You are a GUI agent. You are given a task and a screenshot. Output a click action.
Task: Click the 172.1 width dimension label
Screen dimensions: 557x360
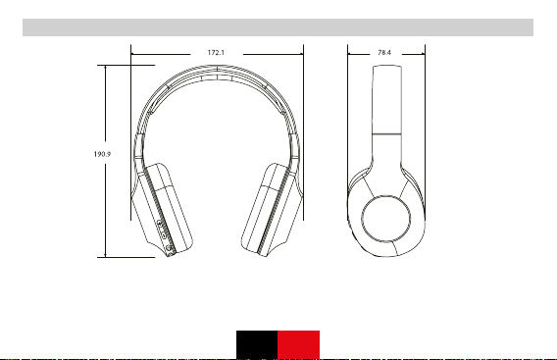[x=216, y=53]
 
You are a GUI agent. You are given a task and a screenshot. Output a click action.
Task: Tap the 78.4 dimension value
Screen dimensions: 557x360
[x=384, y=53]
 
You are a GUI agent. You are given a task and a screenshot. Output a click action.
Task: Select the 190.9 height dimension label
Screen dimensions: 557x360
[x=102, y=154]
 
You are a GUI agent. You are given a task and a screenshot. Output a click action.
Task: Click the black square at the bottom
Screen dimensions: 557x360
[x=257, y=344]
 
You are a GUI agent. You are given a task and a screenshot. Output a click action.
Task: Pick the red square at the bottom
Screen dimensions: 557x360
[x=298, y=344]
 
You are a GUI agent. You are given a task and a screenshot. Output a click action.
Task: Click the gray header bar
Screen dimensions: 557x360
[x=278, y=27]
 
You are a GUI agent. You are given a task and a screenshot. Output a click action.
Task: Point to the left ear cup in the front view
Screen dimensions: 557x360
[x=163, y=210]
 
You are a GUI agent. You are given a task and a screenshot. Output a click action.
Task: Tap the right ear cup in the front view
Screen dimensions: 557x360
[x=272, y=210]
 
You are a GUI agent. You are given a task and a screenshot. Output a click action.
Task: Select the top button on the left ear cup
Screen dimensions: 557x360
[x=160, y=224]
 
